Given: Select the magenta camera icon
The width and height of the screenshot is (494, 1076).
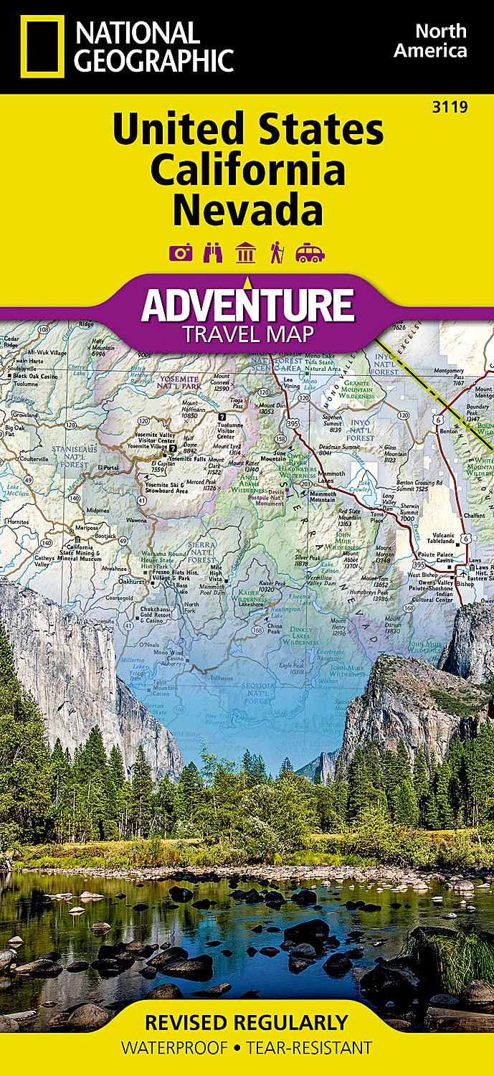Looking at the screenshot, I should tap(181, 253).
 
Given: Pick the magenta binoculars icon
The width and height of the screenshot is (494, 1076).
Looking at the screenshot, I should tap(214, 253).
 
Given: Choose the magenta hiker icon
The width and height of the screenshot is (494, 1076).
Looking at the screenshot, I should tap(277, 253).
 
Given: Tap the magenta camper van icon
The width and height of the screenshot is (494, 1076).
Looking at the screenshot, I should tap(310, 253).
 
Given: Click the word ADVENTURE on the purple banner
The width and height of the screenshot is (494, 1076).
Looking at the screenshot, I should tap(247, 304).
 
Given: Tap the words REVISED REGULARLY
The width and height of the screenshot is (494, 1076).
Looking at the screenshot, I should tap(247, 1022).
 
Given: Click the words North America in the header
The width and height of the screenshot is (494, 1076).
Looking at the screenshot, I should tap(441, 41).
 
